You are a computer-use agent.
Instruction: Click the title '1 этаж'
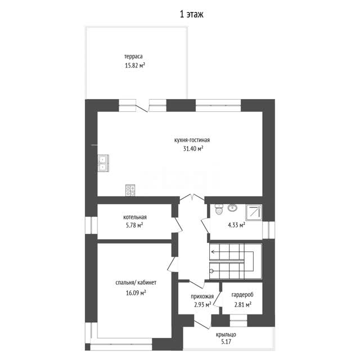(191, 15)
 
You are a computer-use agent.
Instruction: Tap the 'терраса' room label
(133, 56)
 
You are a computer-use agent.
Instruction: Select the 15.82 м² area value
(135, 65)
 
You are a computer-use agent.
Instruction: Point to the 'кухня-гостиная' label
(192, 140)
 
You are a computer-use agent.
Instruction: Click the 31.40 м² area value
(193, 148)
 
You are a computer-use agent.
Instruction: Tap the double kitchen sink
(103, 163)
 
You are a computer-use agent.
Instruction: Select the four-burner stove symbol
(130, 190)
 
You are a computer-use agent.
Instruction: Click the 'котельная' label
(135, 217)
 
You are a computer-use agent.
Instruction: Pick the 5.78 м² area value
(134, 226)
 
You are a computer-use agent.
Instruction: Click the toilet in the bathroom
(219, 209)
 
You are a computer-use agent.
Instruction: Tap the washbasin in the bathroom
(232, 208)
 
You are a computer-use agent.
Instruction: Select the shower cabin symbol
(254, 213)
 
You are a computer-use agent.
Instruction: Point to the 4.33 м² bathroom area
(236, 225)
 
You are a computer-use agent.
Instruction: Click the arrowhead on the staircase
(213, 252)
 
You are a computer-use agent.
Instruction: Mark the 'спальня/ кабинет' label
(136, 282)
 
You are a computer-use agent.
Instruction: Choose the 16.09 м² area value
(136, 293)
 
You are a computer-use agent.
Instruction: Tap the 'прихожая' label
(202, 296)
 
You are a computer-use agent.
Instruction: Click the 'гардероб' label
(242, 295)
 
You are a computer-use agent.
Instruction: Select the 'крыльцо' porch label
(226, 335)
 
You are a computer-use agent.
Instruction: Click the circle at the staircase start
(211, 271)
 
